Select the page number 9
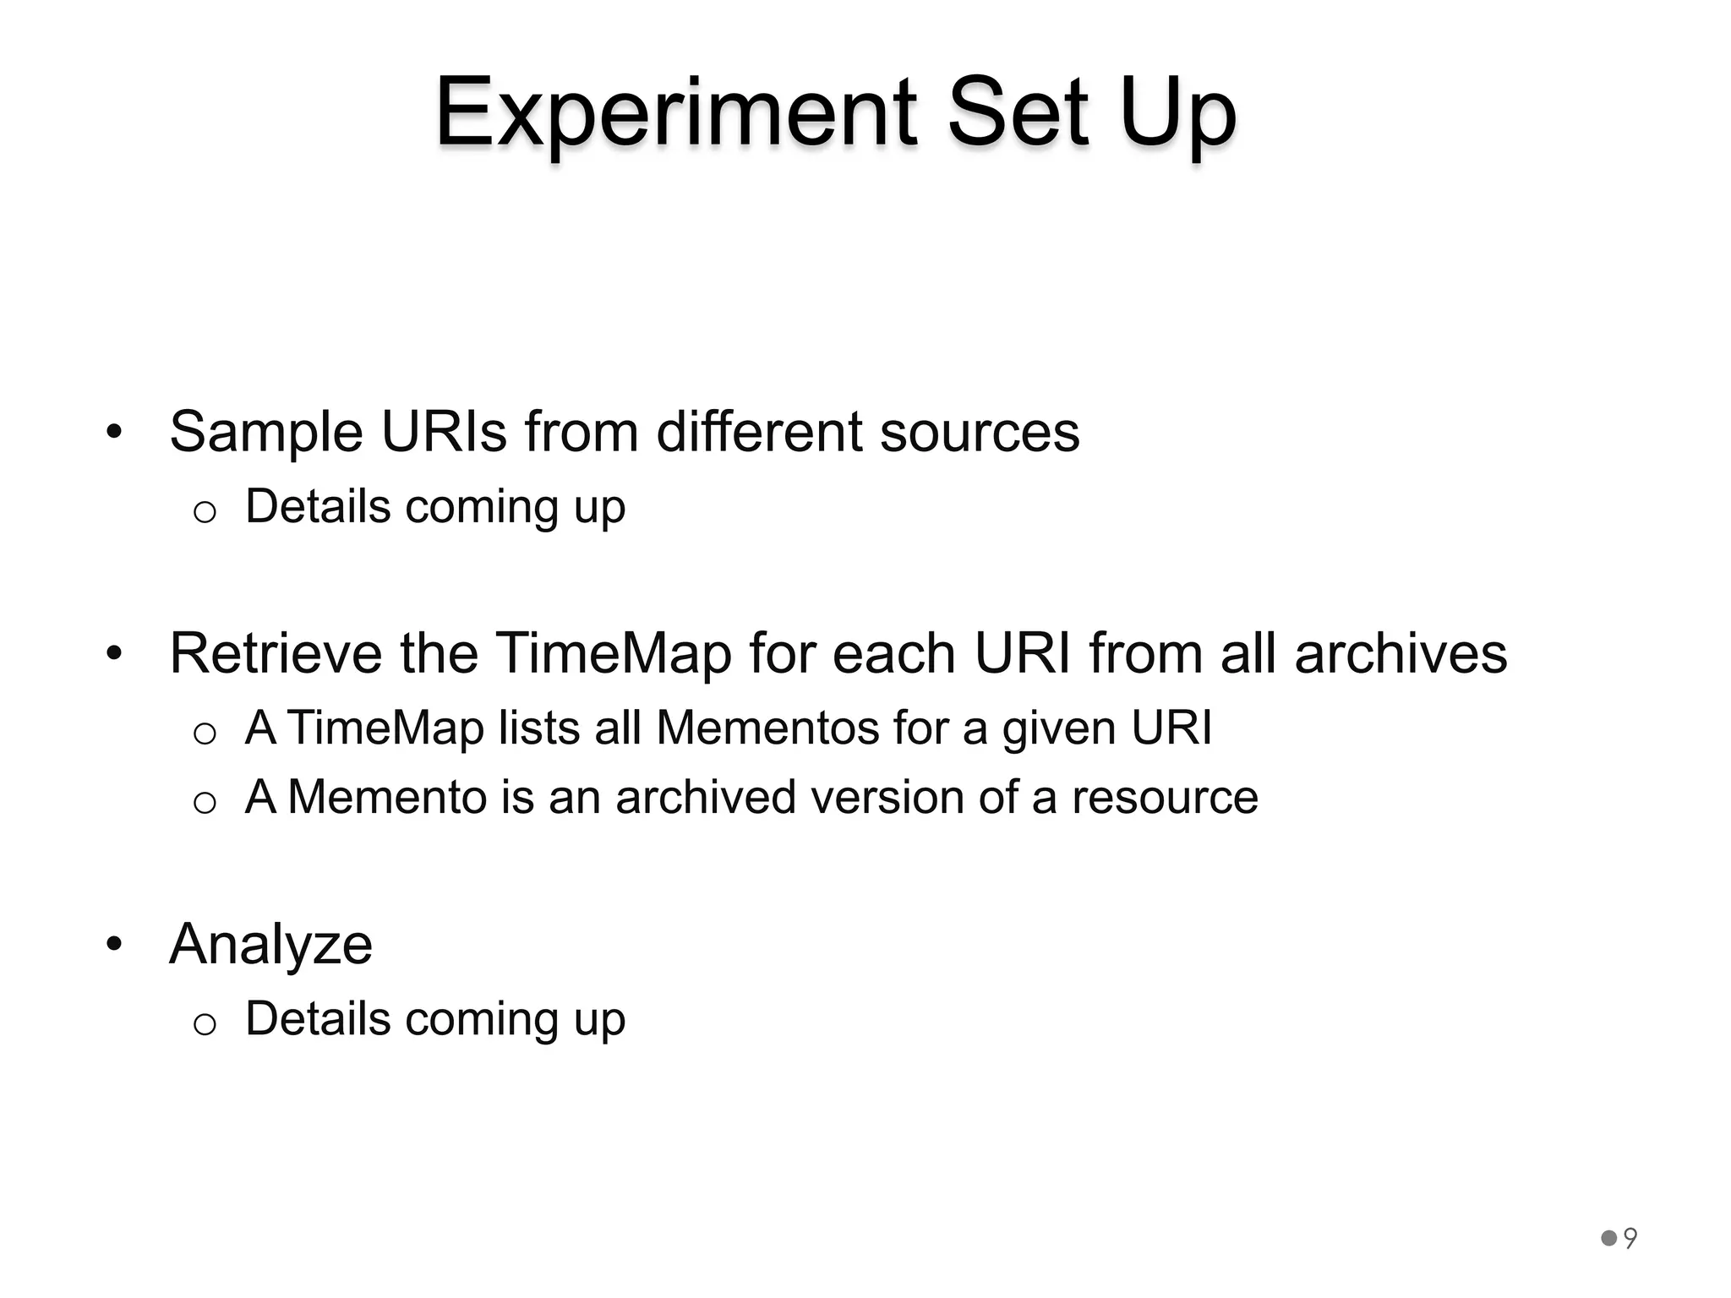pos(1630,1239)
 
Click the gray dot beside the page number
pos(1609,1239)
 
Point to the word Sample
pos(267,433)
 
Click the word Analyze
pos(270,945)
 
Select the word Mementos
pos(767,728)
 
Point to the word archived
pos(706,797)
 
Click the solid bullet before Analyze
pos(115,944)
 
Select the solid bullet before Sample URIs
pos(115,433)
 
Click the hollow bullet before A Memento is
pos(205,802)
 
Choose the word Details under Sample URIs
pos(318,507)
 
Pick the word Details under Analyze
pos(318,1018)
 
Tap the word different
pos(760,433)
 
